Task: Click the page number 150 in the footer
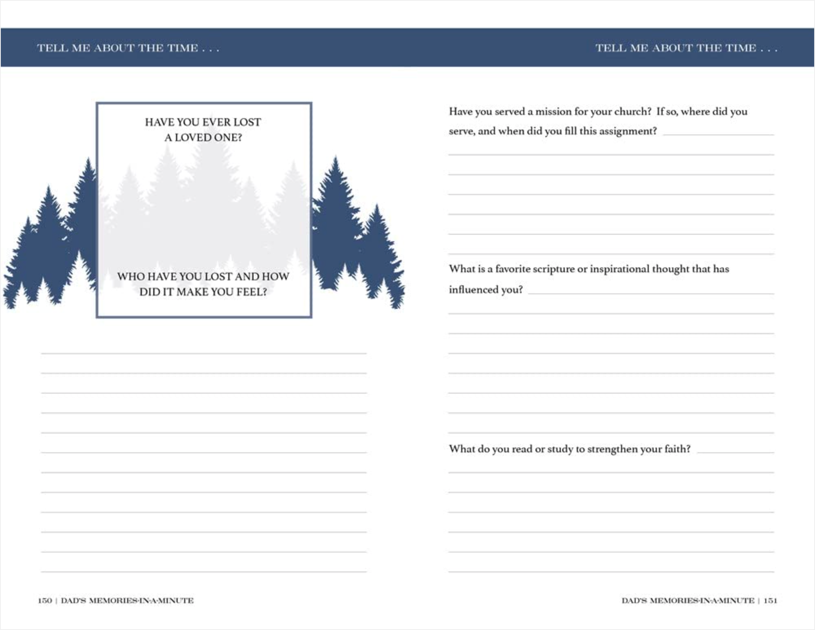click(x=45, y=601)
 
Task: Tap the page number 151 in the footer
click(x=770, y=601)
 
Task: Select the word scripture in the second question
click(x=551, y=269)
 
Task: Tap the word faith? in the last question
click(x=677, y=449)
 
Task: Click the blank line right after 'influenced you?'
click(x=650, y=293)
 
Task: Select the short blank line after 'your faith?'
click(x=735, y=452)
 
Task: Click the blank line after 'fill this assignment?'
click(x=718, y=134)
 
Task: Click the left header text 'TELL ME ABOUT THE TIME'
click(x=128, y=48)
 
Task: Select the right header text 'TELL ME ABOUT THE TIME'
click(x=686, y=48)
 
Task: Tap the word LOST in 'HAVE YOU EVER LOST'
click(x=247, y=122)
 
